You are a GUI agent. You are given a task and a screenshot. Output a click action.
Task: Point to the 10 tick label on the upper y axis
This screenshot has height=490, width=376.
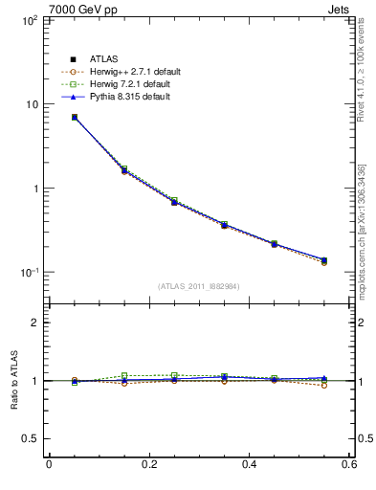tap(30, 104)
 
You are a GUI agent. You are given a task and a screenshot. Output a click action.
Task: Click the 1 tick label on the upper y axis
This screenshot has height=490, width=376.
tap(33, 189)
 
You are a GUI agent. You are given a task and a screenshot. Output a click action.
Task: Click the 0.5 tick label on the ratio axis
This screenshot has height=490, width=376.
tap(28, 439)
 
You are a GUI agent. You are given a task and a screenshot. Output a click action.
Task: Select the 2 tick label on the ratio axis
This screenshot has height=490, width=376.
tap(33, 323)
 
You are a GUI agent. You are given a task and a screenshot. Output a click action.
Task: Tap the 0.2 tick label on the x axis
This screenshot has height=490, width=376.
tap(149, 465)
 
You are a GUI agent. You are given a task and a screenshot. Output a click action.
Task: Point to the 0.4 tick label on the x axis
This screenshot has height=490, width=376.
tap(251, 465)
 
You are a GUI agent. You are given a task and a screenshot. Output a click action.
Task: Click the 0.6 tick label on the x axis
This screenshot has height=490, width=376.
tap(350, 465)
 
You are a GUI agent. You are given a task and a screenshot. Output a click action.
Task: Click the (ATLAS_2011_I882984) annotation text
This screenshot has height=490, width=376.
tap(199, 286)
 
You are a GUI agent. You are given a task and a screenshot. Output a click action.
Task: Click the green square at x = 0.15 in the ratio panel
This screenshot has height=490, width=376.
tap(123, 375)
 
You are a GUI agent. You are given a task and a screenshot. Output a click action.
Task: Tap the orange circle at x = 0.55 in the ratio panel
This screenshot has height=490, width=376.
tap(324, 385)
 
